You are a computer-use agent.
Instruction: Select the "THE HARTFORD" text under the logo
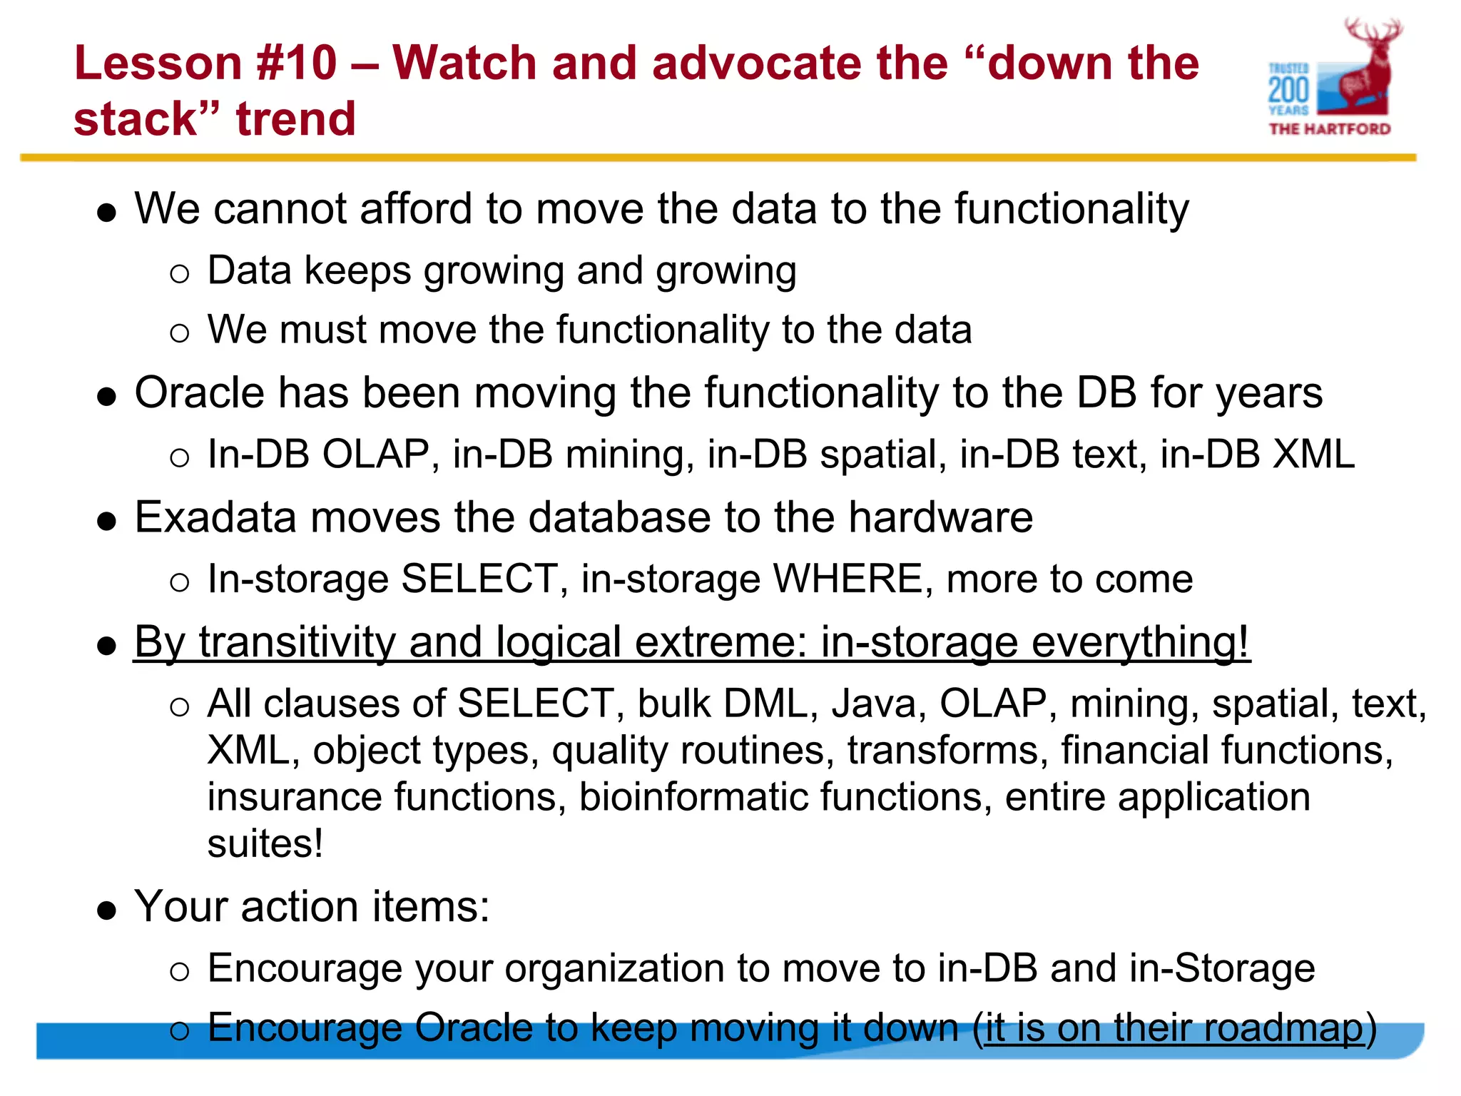tap(1330, 129)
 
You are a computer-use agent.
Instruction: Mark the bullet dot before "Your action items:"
tap(107, 910)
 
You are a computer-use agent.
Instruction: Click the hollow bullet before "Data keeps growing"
tap(180, 273)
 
